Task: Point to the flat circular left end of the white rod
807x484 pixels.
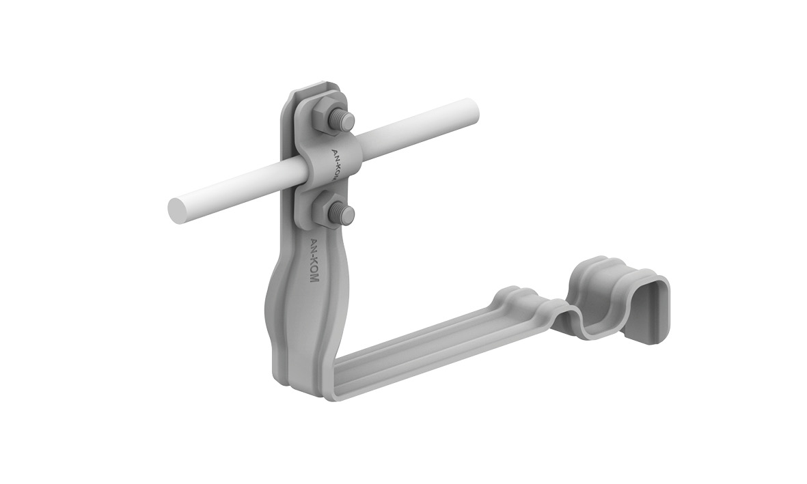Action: (x=178, y=212)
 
